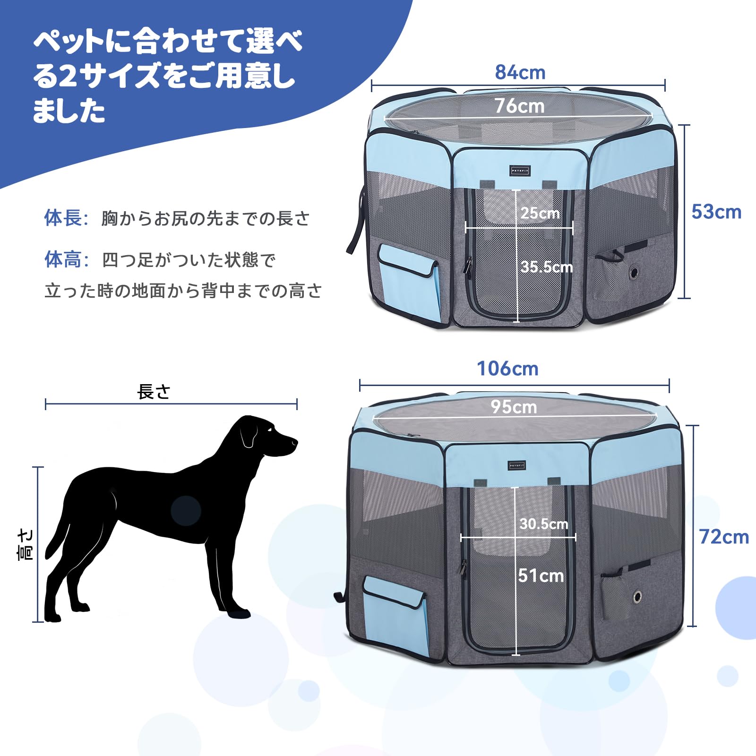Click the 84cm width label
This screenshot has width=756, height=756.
pos(520,72)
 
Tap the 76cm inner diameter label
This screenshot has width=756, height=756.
pos(519,106)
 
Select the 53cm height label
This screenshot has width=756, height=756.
pos(716,212)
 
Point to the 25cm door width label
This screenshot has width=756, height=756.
pos(540,213)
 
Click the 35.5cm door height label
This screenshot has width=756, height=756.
pos(547,267)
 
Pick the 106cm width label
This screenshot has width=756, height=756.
pos(507,369)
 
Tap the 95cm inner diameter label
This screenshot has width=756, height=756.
pos(514,407)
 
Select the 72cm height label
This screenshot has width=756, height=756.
pos(724,537)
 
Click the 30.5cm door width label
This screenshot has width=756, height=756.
pos(544,524)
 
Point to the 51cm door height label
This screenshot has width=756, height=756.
pos(541,576)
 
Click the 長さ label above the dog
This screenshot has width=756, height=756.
pos(154,392)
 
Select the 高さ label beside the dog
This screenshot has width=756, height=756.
pos(25,545)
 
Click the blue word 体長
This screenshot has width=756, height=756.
pos(63,218)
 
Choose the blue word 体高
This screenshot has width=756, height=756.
pos(63,259)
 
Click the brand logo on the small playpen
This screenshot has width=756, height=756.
pos(519,171)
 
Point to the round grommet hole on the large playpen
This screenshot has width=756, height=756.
pos(637,597)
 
